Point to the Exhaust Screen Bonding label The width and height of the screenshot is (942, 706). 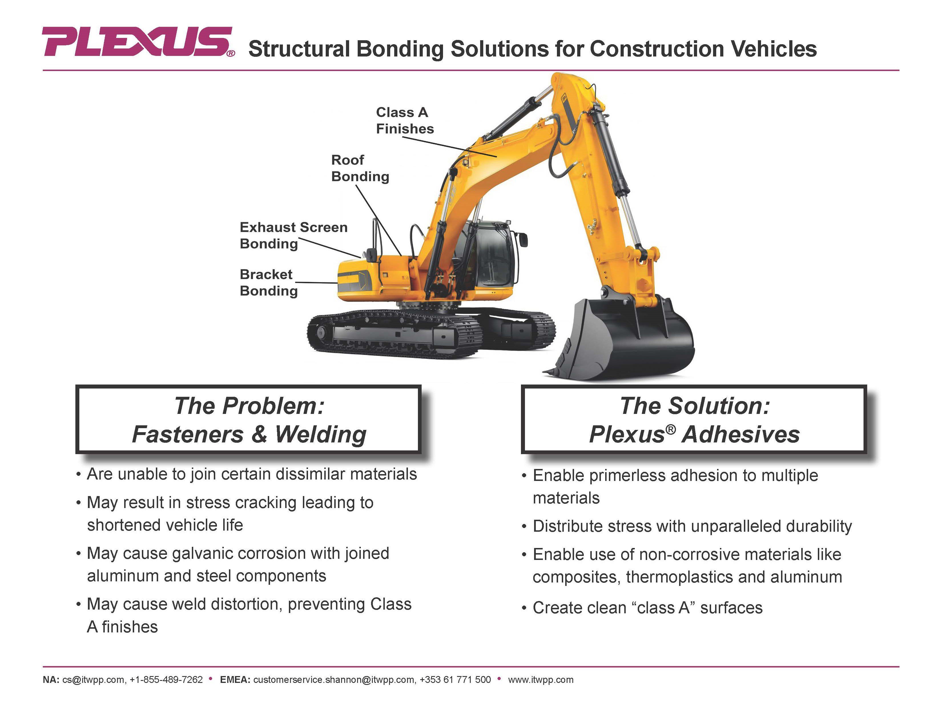[293, 235]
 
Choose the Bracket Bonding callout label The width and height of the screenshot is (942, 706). [268, 283]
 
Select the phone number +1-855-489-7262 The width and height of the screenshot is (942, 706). [166, 680]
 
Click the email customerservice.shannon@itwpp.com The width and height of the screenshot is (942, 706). [334, 680]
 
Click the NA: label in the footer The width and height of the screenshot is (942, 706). [51, 680]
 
